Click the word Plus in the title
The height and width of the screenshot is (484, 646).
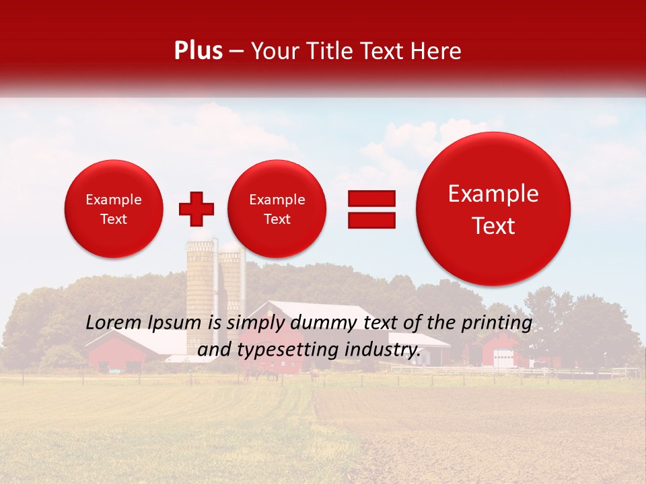click(198, 51)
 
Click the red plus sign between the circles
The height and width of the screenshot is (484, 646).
click(196, 209)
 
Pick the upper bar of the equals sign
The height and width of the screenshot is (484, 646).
click(371, 198)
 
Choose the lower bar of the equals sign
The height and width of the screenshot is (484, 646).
click(371, 220)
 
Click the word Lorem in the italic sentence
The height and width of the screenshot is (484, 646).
click(112, 323)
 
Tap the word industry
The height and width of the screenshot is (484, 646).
click(384, 350)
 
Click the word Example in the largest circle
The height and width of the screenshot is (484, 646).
click(493, 194)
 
